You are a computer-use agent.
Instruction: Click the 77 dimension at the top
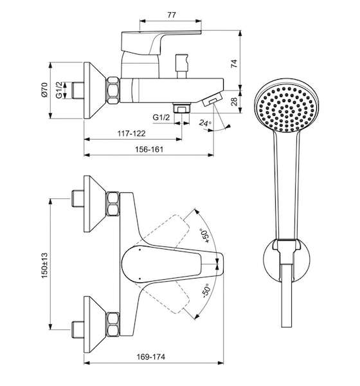click(x=172, y=15)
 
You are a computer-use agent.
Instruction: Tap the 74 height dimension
click(x=234, y=63)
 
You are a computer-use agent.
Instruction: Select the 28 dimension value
click(x=235, y=102)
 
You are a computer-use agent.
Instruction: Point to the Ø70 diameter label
click(x=44, y=90)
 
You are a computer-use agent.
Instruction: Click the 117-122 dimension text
click(x=132, y=133)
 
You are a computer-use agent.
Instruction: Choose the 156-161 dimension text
click(x=149, y=149)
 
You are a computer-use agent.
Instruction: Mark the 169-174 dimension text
click(x=151, y=356)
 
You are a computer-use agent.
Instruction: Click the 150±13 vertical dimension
click(x=44, y=265)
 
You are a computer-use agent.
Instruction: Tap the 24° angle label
click(x=205, y=123)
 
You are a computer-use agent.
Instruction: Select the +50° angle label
click(x=206, y=236)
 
